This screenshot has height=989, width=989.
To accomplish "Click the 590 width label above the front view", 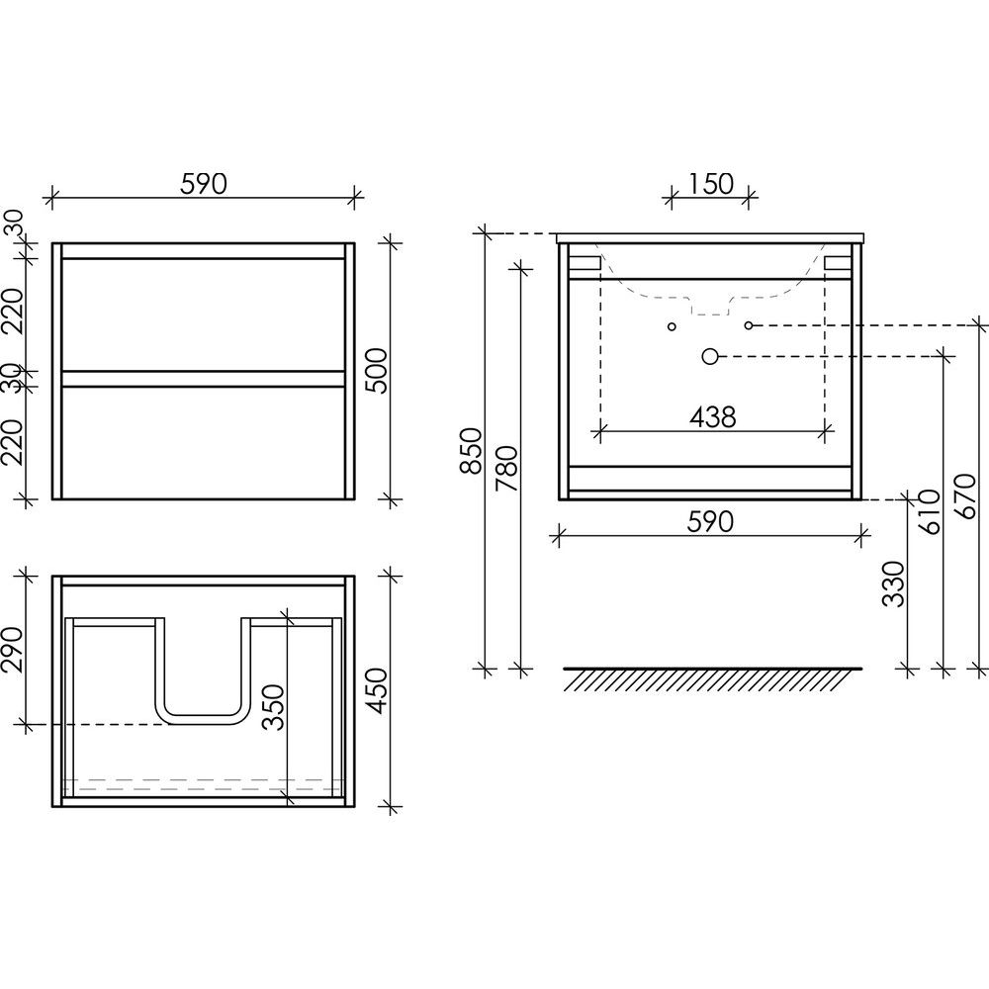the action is coord(203,184).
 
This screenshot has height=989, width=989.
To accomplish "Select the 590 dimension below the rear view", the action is coord(710,521).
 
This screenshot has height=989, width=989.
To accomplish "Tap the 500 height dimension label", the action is coord(379,370).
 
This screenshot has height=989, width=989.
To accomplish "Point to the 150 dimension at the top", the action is coord(710,184).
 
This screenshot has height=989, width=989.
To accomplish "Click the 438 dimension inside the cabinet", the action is coord(713,417).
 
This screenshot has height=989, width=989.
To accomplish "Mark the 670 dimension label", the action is coord(965,496).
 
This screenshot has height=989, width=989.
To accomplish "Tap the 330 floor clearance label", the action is coord(893,584).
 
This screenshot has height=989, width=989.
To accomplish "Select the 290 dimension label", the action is coord(12,651).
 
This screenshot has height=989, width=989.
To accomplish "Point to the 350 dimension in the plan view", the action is coord(274,707).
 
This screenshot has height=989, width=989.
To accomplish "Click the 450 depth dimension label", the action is coord(378,691).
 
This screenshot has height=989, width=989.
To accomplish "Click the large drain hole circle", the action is coord(709,356).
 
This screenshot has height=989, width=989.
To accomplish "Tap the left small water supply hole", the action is coord(672,326).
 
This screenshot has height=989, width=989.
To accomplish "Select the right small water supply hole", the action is coord(749,325).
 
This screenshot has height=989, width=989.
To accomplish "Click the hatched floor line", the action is coord(713,678).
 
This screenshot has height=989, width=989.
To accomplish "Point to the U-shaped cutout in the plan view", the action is coord(203,720).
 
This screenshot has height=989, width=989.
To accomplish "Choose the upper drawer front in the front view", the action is coord(203,315).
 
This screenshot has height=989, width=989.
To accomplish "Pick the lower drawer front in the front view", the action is coord(203,442).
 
